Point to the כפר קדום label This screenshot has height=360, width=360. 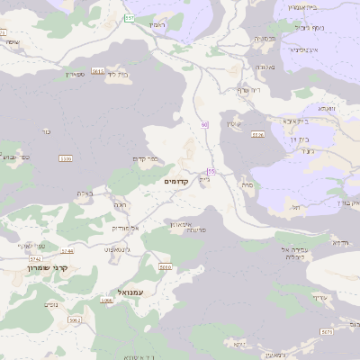[145, 159]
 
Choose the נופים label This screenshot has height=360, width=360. [52, 304]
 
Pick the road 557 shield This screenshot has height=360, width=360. [130, 18]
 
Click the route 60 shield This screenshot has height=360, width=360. [205, 124]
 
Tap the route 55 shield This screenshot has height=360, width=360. [211, 170]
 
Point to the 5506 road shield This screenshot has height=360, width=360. [64, 159]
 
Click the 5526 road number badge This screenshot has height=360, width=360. [258, 135]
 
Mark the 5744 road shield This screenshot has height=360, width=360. [67, 251]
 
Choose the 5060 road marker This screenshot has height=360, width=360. [164, 267]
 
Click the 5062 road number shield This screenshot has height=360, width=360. [74, 319]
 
